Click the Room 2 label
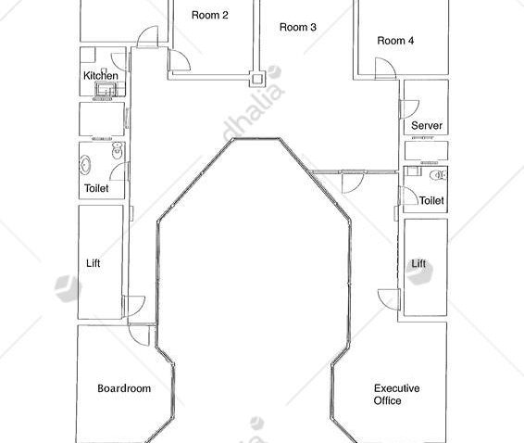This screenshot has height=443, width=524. (210, 15)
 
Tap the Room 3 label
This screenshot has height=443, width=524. (298, 27)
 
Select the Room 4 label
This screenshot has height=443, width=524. (395, 41)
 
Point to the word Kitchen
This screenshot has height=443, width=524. (101, 76)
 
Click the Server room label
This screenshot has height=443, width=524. (427, 125)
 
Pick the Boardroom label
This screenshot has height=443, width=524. (124, 388)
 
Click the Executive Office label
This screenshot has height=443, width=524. (396, 394)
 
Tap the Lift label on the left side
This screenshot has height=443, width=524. (93, 263)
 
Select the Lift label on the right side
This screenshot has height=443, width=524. (418, 263)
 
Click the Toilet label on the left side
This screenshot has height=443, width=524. (96, 188)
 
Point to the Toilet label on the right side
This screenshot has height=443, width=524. (431, 200)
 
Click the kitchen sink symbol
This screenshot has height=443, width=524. (106, 89)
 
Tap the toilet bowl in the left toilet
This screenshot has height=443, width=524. (117, 150)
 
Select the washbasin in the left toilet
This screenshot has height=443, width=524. (85, 165)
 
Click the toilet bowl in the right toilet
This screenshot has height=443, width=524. (438, 175)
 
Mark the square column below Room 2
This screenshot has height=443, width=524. (257, 79)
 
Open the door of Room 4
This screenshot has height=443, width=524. (385, 69)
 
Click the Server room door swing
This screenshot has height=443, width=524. (409, 109)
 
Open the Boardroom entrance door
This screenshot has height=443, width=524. (139, 335)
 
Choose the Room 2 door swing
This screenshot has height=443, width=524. (180, 60)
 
